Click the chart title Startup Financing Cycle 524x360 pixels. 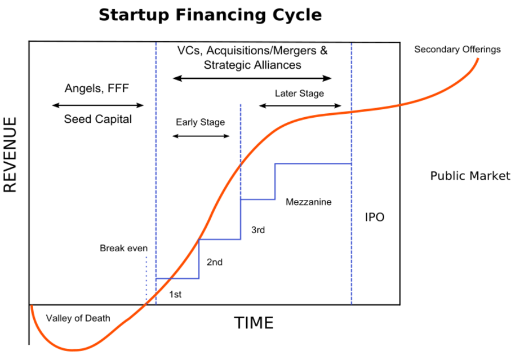click(x=210, y=15)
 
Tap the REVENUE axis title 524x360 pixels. click(x=11, y=155)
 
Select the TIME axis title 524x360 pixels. click(x=254, y=323)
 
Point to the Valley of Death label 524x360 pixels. click(x=78, y=318)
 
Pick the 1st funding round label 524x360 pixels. click(x=175, y=294)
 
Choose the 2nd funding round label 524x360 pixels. click(x=215, y=262)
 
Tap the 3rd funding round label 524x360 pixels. click(x=258, y=230)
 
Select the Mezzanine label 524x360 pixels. click(x=308, y=202)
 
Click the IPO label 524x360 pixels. click(x=375, y=217)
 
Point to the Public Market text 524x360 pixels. click(x=470, y=176)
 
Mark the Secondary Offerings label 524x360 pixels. click(x=457, y=50)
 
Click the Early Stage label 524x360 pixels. click(x=200, y=122)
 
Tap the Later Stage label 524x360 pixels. click(x=299, y=94)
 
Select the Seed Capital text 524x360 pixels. click(x=97, y=119)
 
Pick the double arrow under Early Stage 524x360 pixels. click(x=201, y=136)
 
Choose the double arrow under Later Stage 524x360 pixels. click(x=300, y=105)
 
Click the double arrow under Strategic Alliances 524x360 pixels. click(x=252, y=78)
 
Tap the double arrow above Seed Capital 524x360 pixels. click(x=97, y=105)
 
